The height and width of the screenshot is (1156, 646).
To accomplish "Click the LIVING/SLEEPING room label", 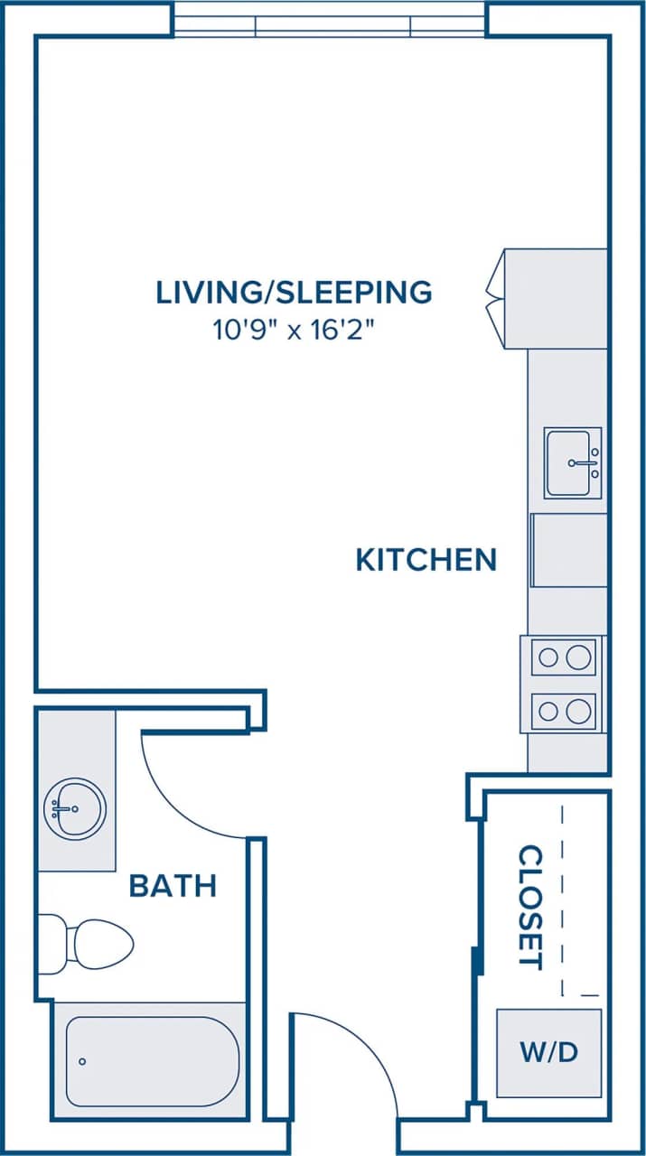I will tap(294, 292).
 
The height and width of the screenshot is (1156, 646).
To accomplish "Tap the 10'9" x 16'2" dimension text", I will tap(294, 330).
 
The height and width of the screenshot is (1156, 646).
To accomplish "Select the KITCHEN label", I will tap(426, 560).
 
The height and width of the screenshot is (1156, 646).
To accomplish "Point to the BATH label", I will tap(173, 886).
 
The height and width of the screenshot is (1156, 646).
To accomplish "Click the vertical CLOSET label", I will tap(529, 907).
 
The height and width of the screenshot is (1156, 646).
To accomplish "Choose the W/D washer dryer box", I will tap(548, 1052).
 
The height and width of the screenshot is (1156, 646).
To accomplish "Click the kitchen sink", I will tap(572, 462).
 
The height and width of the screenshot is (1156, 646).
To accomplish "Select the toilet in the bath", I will tap(99, 944).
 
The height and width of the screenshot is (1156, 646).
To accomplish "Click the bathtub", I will tap(150, 1062).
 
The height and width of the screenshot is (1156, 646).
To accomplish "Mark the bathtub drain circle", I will tap(83, 1062).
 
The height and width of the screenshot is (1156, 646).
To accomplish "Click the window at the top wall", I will tap(330, 20).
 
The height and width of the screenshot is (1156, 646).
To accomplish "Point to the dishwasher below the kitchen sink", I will tap(568, 550).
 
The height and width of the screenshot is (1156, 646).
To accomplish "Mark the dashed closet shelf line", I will tap(563, 894).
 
